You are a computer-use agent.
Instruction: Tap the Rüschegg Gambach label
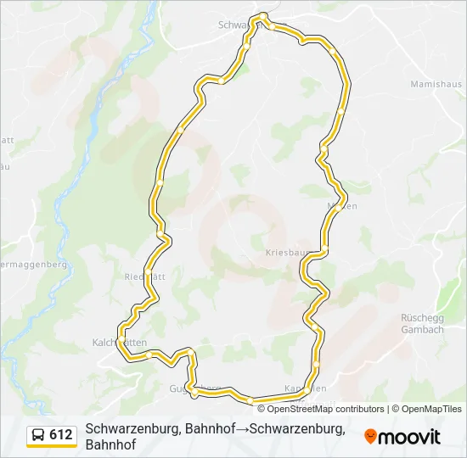(422, 323)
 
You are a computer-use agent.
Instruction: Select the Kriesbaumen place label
(285, 253)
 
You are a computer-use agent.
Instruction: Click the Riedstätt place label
(143, 276)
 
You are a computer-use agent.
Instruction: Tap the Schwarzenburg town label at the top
(238, 25)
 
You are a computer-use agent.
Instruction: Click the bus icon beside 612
(39, 435)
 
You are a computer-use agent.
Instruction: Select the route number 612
(61, 435)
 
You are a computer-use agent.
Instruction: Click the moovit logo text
(410, 438)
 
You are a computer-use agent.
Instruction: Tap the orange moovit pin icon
(370, 437)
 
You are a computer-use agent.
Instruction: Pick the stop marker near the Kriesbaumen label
(324, 249)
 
